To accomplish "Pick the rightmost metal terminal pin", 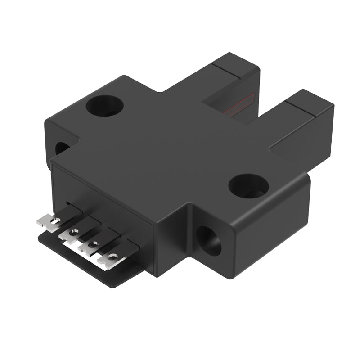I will click(109, 259).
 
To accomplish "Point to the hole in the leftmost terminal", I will click(55, 220).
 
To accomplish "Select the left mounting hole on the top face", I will click(105, 106).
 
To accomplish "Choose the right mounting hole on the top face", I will click(248, 185).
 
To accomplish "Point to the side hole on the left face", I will click(62, 148).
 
